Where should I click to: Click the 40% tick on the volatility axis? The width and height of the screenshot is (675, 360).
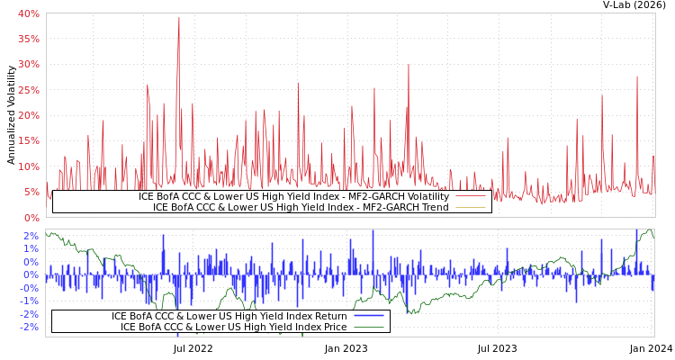(29, 13)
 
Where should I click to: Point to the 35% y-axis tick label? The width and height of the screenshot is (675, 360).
(29, 39)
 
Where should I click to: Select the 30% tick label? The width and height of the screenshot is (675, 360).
(29, 64)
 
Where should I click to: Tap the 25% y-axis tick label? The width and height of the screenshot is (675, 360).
(29, 90)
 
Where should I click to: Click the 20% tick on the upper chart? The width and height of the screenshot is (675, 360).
(29, 115)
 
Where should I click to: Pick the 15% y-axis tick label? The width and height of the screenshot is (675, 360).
(29, 140)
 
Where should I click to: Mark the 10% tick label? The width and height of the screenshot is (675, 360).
(29, 166)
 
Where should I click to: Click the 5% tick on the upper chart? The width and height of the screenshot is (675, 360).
(31, 192)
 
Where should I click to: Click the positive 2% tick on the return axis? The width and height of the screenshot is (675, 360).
(31, 236)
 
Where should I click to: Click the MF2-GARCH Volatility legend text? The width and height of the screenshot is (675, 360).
(293, 196)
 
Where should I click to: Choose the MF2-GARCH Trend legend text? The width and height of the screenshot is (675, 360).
(301, 207)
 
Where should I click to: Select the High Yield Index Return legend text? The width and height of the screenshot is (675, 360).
(229, 316)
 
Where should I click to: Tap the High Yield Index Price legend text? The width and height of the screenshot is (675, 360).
(234, 327)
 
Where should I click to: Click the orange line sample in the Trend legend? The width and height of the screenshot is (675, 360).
(471, 207)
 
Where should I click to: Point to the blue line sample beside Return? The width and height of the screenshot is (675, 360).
(369, 316)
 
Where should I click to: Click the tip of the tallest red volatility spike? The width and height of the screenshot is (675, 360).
(179, 17)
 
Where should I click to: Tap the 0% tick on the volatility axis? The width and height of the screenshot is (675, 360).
(31, 217)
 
